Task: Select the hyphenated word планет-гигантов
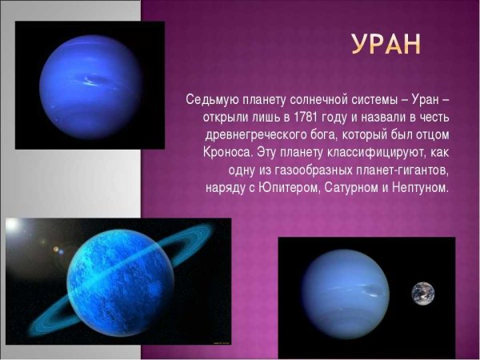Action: pyautogui.click(x=390, y=170)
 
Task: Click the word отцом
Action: pyautogui.click(x=432, y=134)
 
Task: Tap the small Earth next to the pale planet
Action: pyautogui.click(x=424, y=294)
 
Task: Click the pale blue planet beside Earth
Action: pyautogui.click(x=345, y=294)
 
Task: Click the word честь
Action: pyautogui.click(x=433, y=117)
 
